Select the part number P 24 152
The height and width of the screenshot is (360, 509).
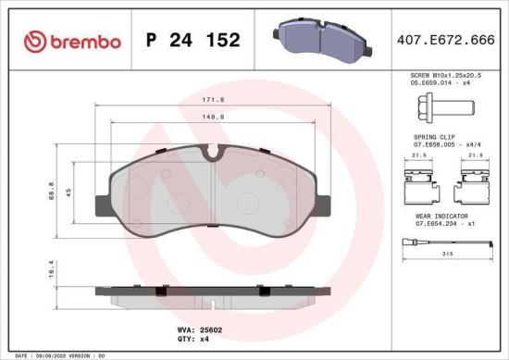pos(193,41)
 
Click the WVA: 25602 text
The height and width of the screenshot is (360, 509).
pos(195,329)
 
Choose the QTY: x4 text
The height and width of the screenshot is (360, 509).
pos(191,339)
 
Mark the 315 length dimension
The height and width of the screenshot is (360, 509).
pos(448,254)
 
